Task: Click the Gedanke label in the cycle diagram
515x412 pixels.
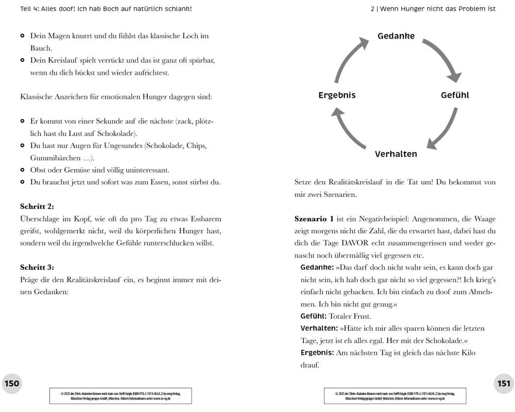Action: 396,36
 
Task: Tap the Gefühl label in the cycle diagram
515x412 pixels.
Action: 455,95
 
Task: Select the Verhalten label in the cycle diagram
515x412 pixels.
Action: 396,154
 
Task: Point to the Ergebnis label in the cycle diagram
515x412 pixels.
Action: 337,95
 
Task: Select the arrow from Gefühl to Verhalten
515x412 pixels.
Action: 444,129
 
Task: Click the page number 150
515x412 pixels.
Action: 12,383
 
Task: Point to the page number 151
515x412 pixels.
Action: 503,383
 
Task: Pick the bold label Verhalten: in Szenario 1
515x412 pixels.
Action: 319,328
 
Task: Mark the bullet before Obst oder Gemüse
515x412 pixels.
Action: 23,170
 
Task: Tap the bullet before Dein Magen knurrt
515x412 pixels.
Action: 23,37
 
